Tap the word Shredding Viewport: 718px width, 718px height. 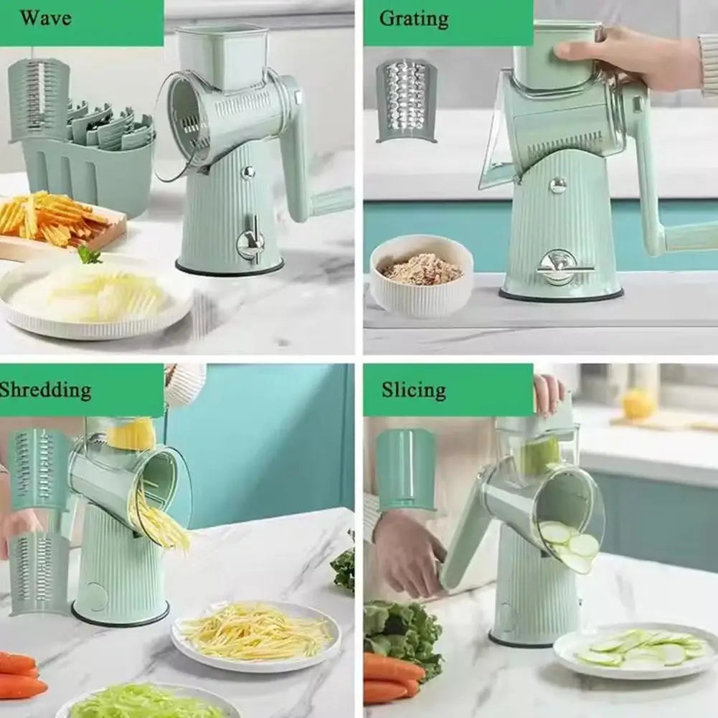click(44, 389)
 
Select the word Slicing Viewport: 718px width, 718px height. click(413, 389)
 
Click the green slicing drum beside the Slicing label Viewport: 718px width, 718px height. click(405, 470)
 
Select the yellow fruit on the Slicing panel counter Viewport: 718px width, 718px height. click(638, 404)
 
